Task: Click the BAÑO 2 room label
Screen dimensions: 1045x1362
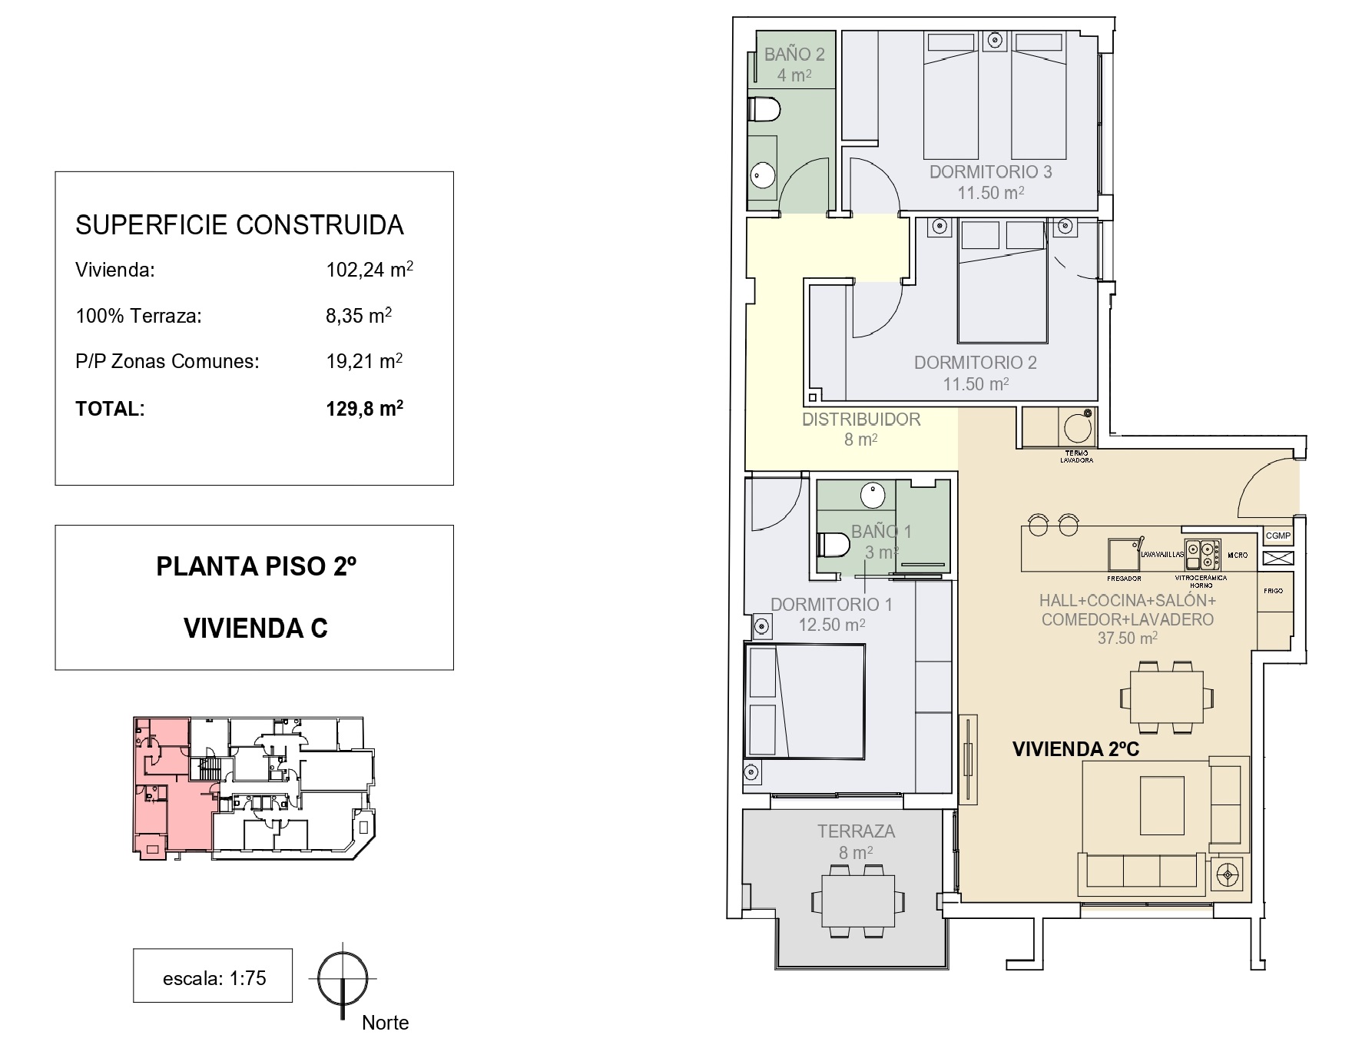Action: (x=794, y=55)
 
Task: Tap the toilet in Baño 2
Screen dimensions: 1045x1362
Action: (x=764, y=110)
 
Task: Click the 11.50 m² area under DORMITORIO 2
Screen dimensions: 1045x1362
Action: (x=975, y=383)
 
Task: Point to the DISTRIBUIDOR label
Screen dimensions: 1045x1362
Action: (x=860, y=420)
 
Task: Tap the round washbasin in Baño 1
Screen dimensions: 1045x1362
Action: (x=873, y=495)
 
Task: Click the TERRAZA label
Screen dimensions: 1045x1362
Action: (x=856, y=831)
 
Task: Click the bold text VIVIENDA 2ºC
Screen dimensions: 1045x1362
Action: (x=1075, y=749)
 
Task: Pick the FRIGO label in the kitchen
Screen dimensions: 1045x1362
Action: (x=1273, y=591)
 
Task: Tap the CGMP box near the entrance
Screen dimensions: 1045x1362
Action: (x=1277, y=536)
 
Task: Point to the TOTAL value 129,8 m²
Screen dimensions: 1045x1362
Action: (x=364, y=409)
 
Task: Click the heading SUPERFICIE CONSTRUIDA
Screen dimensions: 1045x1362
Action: (x=239, y=225)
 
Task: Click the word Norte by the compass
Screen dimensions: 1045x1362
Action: (x=385, y=1023)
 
